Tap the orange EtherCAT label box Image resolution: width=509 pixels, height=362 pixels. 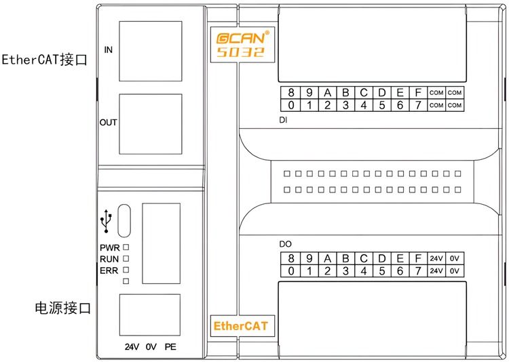pos(240,326)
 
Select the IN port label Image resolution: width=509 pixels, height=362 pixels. pos(109,50)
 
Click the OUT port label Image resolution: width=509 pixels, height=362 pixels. pos(109,123)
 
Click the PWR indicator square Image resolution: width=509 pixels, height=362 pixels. pos(126,247)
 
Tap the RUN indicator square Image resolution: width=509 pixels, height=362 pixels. pos(126,259)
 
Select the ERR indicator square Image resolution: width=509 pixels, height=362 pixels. pos(126,270)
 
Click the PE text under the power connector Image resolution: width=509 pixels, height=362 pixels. pos(170,346)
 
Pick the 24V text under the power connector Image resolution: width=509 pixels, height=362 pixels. pos(132,346)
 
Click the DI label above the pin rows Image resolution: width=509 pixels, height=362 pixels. pos(284,121)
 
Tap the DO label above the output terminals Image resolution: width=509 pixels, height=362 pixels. pos(285,243)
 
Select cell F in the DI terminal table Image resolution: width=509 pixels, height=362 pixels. pos(418,93)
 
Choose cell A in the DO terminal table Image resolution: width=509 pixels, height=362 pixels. pos(327,259)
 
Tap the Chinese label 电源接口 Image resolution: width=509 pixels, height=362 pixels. pos(62,308)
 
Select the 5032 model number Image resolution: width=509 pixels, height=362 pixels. pos(240,52)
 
